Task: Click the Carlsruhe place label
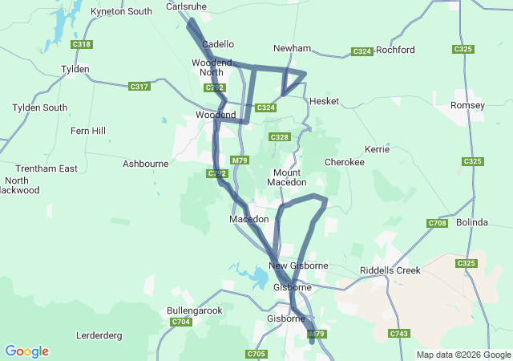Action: (187, 6)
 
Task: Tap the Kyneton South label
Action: (121, 11)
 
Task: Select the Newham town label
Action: (292, 48)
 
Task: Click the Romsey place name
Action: (468, 106)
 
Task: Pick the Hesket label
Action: (324, 102)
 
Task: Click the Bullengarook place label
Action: (194, 310)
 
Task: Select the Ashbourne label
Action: (145, 164)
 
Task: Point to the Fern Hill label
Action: (87, 131)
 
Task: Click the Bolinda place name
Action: (472, 221)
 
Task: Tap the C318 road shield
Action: (81, 44)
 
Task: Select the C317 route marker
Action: (139, 87)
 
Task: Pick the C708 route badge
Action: (437, 223)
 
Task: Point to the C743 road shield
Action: (398, 333)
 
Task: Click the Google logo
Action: (26, 351)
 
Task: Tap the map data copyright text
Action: (463, 355)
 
